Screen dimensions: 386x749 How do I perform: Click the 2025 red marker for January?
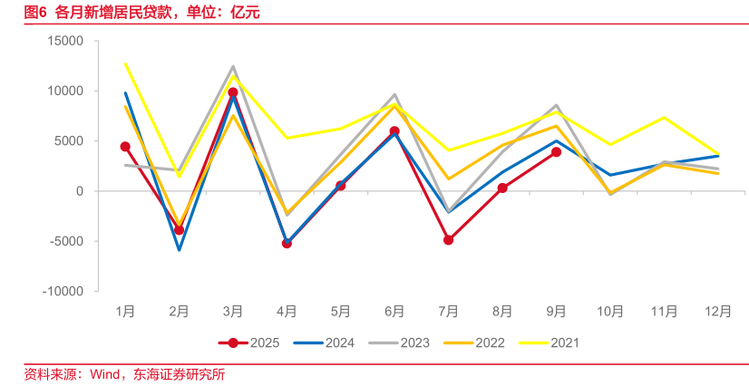click(x=125, y=147)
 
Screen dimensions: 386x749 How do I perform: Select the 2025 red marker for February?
click(x=179, y=230)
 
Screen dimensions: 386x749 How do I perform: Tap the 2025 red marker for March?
click(x=233, y=92)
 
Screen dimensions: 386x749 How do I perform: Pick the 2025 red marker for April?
click(x=287, y=243)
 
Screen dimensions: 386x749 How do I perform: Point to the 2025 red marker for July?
click(x=448, y=240)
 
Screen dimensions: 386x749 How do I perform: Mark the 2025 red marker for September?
click(x=556, y=152)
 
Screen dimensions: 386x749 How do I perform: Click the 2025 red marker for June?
click(x=394, y=131)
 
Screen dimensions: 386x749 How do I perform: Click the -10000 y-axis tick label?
click(x=62, y=292)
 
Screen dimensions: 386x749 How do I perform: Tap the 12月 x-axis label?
click(x=718, y=312)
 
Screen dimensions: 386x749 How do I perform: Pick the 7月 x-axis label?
click(x=448, y=312)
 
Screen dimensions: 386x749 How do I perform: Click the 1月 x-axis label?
click(x=125, y=312)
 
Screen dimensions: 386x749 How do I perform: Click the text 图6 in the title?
click(x=35, y=13)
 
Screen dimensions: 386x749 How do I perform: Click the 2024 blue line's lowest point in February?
click(x=179, y=250)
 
